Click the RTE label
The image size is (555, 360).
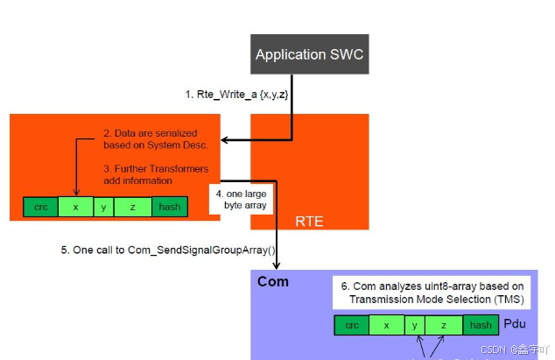(308, 222)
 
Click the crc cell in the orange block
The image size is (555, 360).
(40, 208)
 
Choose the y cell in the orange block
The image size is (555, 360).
(104, 208)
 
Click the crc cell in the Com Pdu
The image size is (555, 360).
(352, 325)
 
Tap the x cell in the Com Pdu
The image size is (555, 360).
(386, 325)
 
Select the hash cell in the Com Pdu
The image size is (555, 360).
(480, 325)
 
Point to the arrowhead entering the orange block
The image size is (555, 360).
(223, 140)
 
